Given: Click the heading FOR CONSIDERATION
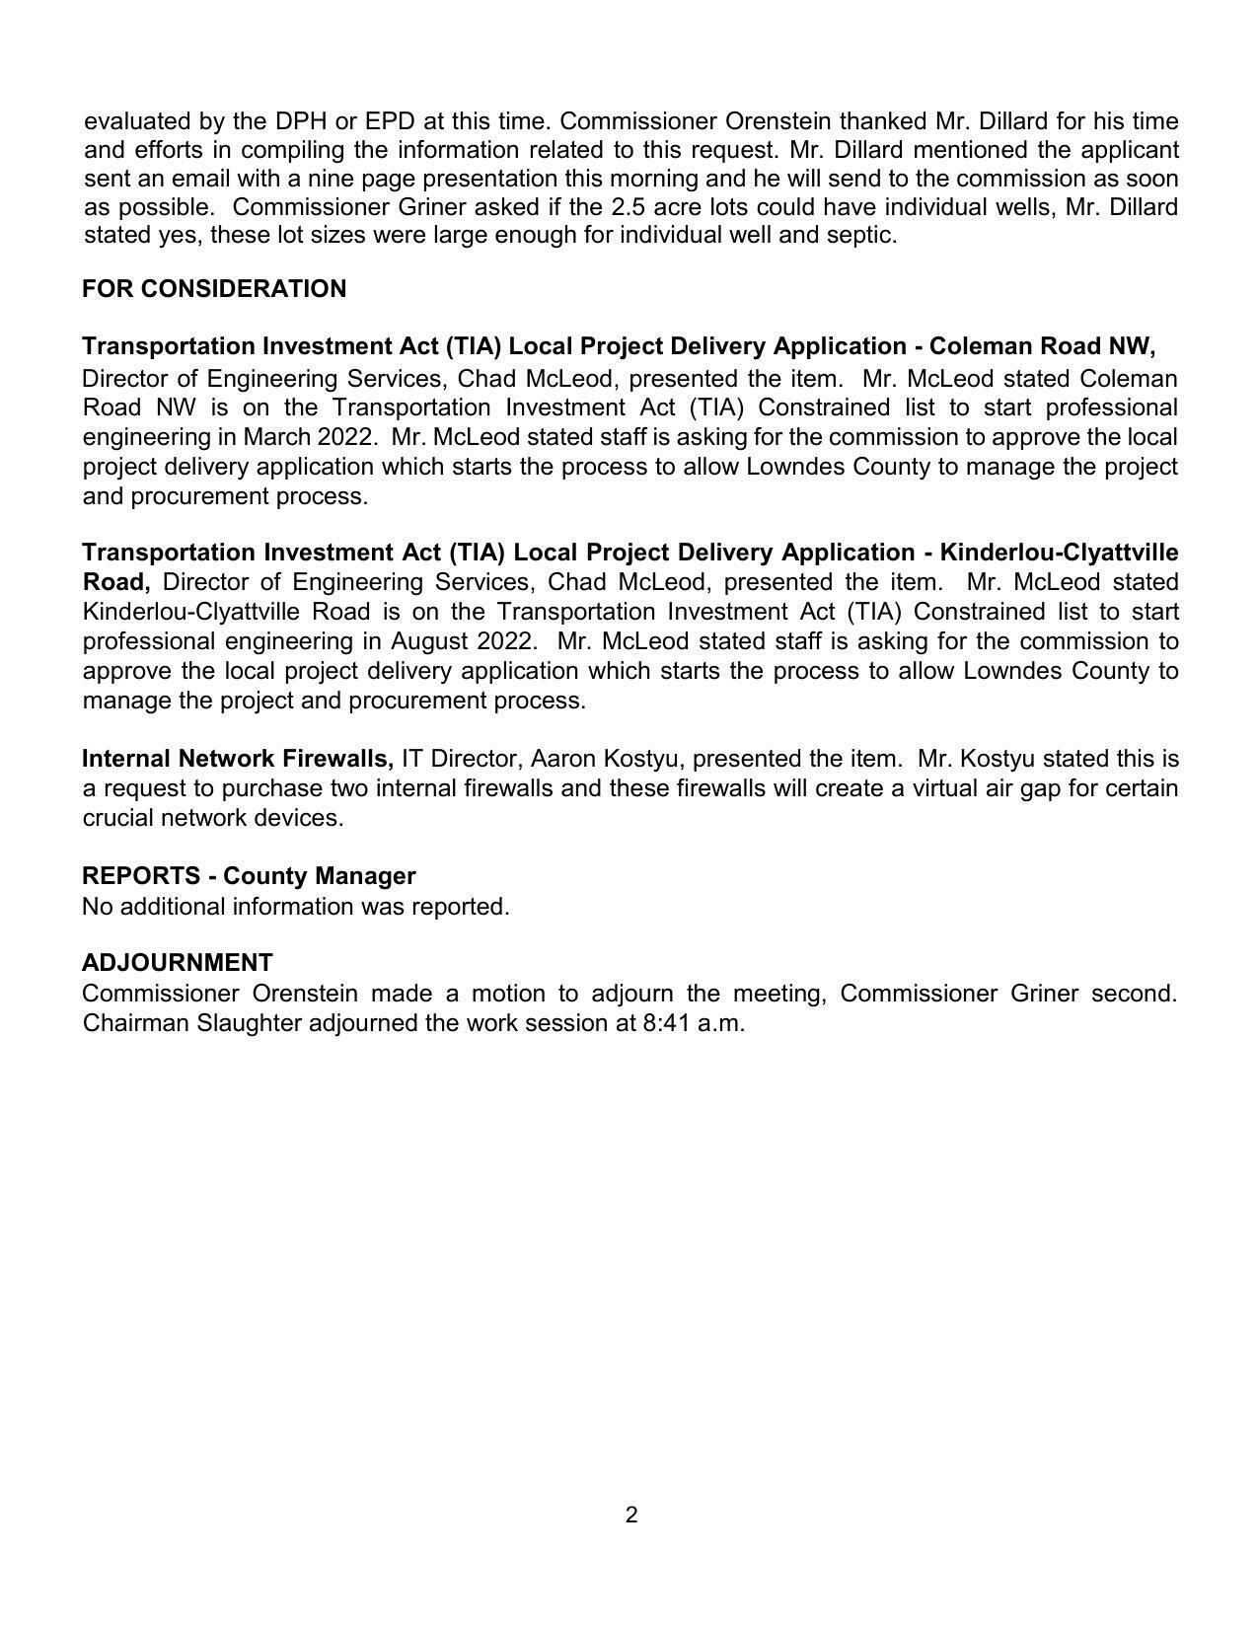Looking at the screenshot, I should (214, 289).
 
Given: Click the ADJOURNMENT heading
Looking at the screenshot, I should (178, 963).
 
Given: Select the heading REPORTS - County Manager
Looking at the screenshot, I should (249, 876).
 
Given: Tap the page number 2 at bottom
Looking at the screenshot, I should (631, 1516).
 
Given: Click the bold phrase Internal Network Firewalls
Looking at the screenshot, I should (238, 759).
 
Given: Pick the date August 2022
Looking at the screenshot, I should (462, 641).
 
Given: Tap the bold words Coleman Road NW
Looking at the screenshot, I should (1041, 346).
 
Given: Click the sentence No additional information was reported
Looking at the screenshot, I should (296, 907).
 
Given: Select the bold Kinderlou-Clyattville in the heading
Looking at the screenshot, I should (1059, 553).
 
